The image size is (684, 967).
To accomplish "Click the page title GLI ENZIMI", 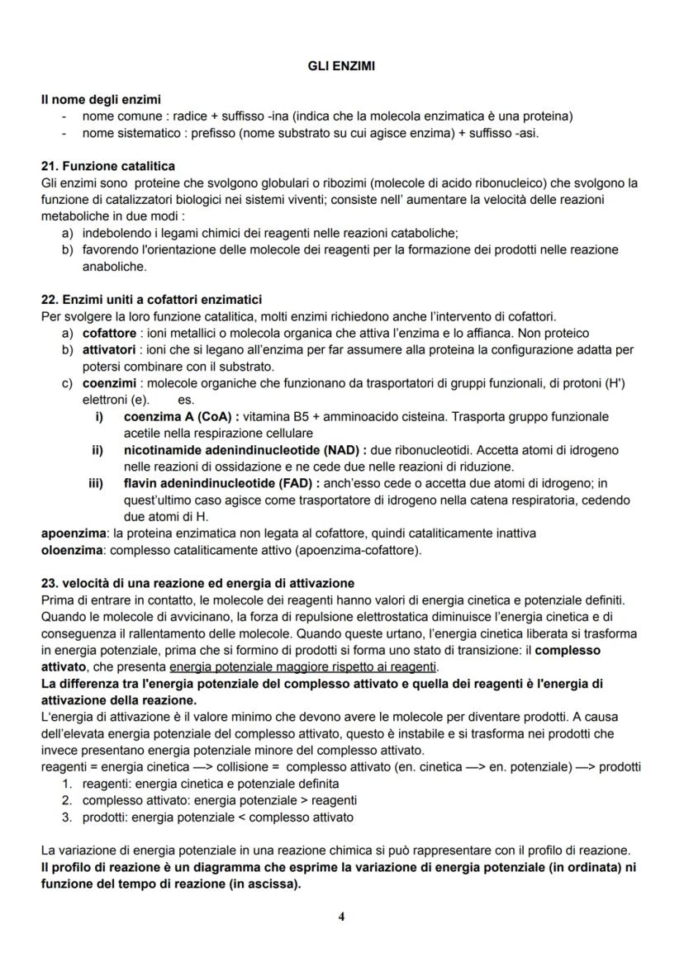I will coord(341,67).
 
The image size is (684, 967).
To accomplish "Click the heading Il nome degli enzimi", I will coord(101,100).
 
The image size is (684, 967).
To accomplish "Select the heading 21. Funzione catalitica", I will coord(107,166).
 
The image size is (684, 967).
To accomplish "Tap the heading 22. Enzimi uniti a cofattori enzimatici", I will coord(151,299).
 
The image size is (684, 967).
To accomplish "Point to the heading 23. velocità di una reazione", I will coord(197,582).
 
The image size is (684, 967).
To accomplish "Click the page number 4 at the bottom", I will coord(341,917).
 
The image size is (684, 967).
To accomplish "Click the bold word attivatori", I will coord(109,349).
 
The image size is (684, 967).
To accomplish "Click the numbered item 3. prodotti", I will coord(105,817).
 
